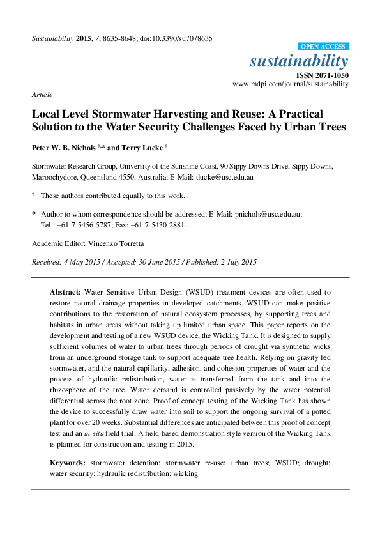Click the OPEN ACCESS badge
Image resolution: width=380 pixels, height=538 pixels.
click(324, 47)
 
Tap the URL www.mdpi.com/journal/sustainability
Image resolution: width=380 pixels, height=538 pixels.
click(291, 84)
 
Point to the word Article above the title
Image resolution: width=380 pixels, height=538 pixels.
click(42, 95)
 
